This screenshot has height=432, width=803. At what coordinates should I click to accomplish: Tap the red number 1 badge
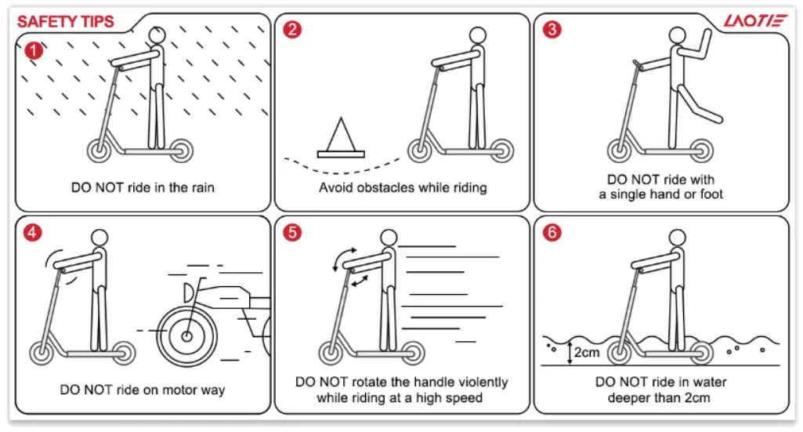coord(34,51)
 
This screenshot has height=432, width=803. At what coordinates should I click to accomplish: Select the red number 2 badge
coord(292,31)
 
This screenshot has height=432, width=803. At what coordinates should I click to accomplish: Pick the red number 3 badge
coord(552,31)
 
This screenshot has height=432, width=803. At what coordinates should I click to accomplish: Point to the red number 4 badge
coord(34,233)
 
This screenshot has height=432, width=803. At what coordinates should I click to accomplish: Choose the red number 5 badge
coord(292,233)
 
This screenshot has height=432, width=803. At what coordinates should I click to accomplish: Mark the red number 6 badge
coord(552,233)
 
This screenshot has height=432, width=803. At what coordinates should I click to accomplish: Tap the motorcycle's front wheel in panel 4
coord(186,336)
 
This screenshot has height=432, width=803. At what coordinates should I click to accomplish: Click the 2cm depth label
coord(586,352)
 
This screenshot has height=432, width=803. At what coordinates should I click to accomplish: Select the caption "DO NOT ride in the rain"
coord(143,187)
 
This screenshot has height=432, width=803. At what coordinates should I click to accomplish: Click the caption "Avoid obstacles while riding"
coord(403,187)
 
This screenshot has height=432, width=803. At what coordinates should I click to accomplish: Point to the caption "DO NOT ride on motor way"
coord(143,390)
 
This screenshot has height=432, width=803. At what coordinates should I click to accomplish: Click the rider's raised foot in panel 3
coord(714,118)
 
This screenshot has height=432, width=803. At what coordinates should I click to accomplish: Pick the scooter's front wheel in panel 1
coord(101,150)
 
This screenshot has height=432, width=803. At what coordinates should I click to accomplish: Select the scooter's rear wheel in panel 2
coord(499,150)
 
